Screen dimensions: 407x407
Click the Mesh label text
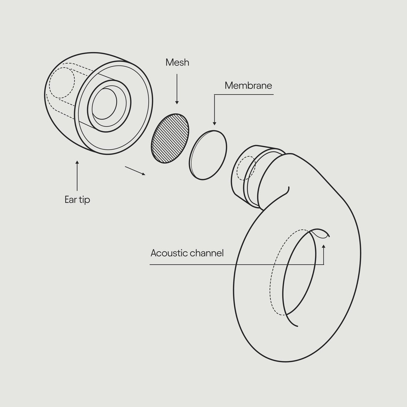click(177, 63)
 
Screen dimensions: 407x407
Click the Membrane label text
click(248, 86)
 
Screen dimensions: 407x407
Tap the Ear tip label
click(77, 200)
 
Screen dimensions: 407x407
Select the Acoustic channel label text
click(187, 253)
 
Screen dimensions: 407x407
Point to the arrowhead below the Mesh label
click(177, 102)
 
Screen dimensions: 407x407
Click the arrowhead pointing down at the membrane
click(215, 123)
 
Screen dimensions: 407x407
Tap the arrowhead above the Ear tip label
click(77, 162)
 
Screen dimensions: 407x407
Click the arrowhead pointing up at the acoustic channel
click(324, 246)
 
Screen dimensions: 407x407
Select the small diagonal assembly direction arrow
click(135, 171)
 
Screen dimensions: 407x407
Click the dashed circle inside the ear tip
click(62, 82)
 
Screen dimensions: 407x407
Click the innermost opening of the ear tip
click(104, 104)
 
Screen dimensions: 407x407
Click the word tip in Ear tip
click(84, 200)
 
